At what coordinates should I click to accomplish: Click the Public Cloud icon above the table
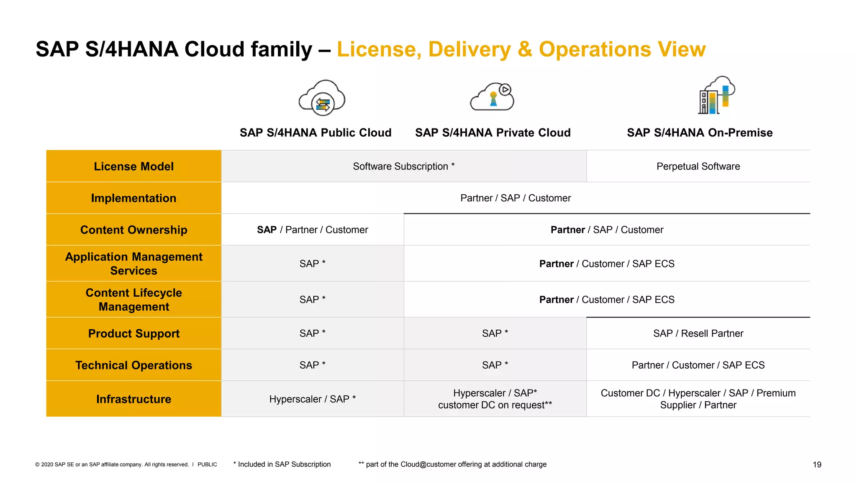(x=322, y=98)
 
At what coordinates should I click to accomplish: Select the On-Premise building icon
(x=716, y=96)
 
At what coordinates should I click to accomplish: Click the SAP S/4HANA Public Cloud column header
(x=316, y=133)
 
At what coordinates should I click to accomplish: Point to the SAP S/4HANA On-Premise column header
(x=700, y=133)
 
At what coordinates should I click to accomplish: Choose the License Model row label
(x=133, y=167)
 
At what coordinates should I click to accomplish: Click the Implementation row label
(x=133, y=198)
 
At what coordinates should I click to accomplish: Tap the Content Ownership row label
(x=133, y=230)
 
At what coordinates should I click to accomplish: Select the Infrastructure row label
(x=133, y=399)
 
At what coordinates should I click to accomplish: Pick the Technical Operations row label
(x=133, y=365)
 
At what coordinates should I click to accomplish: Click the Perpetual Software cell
(x=698, y=167)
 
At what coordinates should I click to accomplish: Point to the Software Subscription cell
(x=403, y=167)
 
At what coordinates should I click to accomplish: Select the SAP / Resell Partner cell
(x=698, y=333)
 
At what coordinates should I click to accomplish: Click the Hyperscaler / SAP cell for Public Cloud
(x=312, y=399)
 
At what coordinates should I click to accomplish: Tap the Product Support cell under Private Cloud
(x=495, y=333)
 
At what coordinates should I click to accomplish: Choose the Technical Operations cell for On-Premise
(x=698, y=365)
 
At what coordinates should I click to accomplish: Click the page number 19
(x=817, y=464)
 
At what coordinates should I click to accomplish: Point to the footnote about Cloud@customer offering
(x=452, y=464)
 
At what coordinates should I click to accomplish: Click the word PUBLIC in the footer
(x=207, y=464)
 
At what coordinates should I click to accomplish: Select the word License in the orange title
(x=379, y=49)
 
